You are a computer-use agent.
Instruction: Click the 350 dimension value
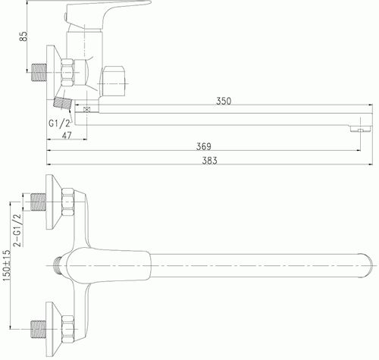(x=224, y=101)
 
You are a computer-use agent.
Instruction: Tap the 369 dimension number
(x=204, y=146)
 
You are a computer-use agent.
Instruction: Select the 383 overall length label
(x=209, y=161)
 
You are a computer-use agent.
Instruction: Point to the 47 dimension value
(x=67, y=136)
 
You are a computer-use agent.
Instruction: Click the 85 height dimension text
(x=23, y=36)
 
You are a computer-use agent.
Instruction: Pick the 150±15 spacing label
(x=7, y=266)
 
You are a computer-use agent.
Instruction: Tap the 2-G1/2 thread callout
(x=17, y=230)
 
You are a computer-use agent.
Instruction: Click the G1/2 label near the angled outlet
(x=59, y=124)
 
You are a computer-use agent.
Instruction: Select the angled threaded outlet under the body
(x=63, y=104)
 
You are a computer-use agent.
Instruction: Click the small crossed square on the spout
(x=86, y=110)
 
